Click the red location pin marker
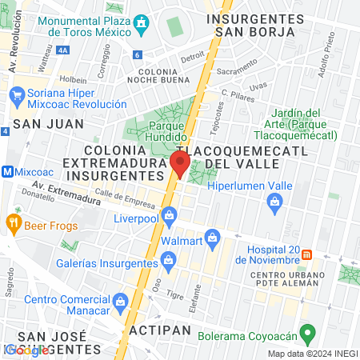pyautogui.click(x=180, y=165)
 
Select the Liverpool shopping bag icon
pyautogui.click(x=169, y=215)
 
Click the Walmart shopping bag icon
pyautogui.click(x=212, y=237)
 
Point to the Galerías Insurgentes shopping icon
pyautogui.click(x=168, y=260)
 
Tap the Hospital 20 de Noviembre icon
pyautogui.click(x=306, y=255)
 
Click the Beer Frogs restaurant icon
pyautogui.click(x=13, y=222)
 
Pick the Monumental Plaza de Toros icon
pyautogui.click(x=143, y=24)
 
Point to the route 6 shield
pyautogui.click(x=138, y=55)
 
